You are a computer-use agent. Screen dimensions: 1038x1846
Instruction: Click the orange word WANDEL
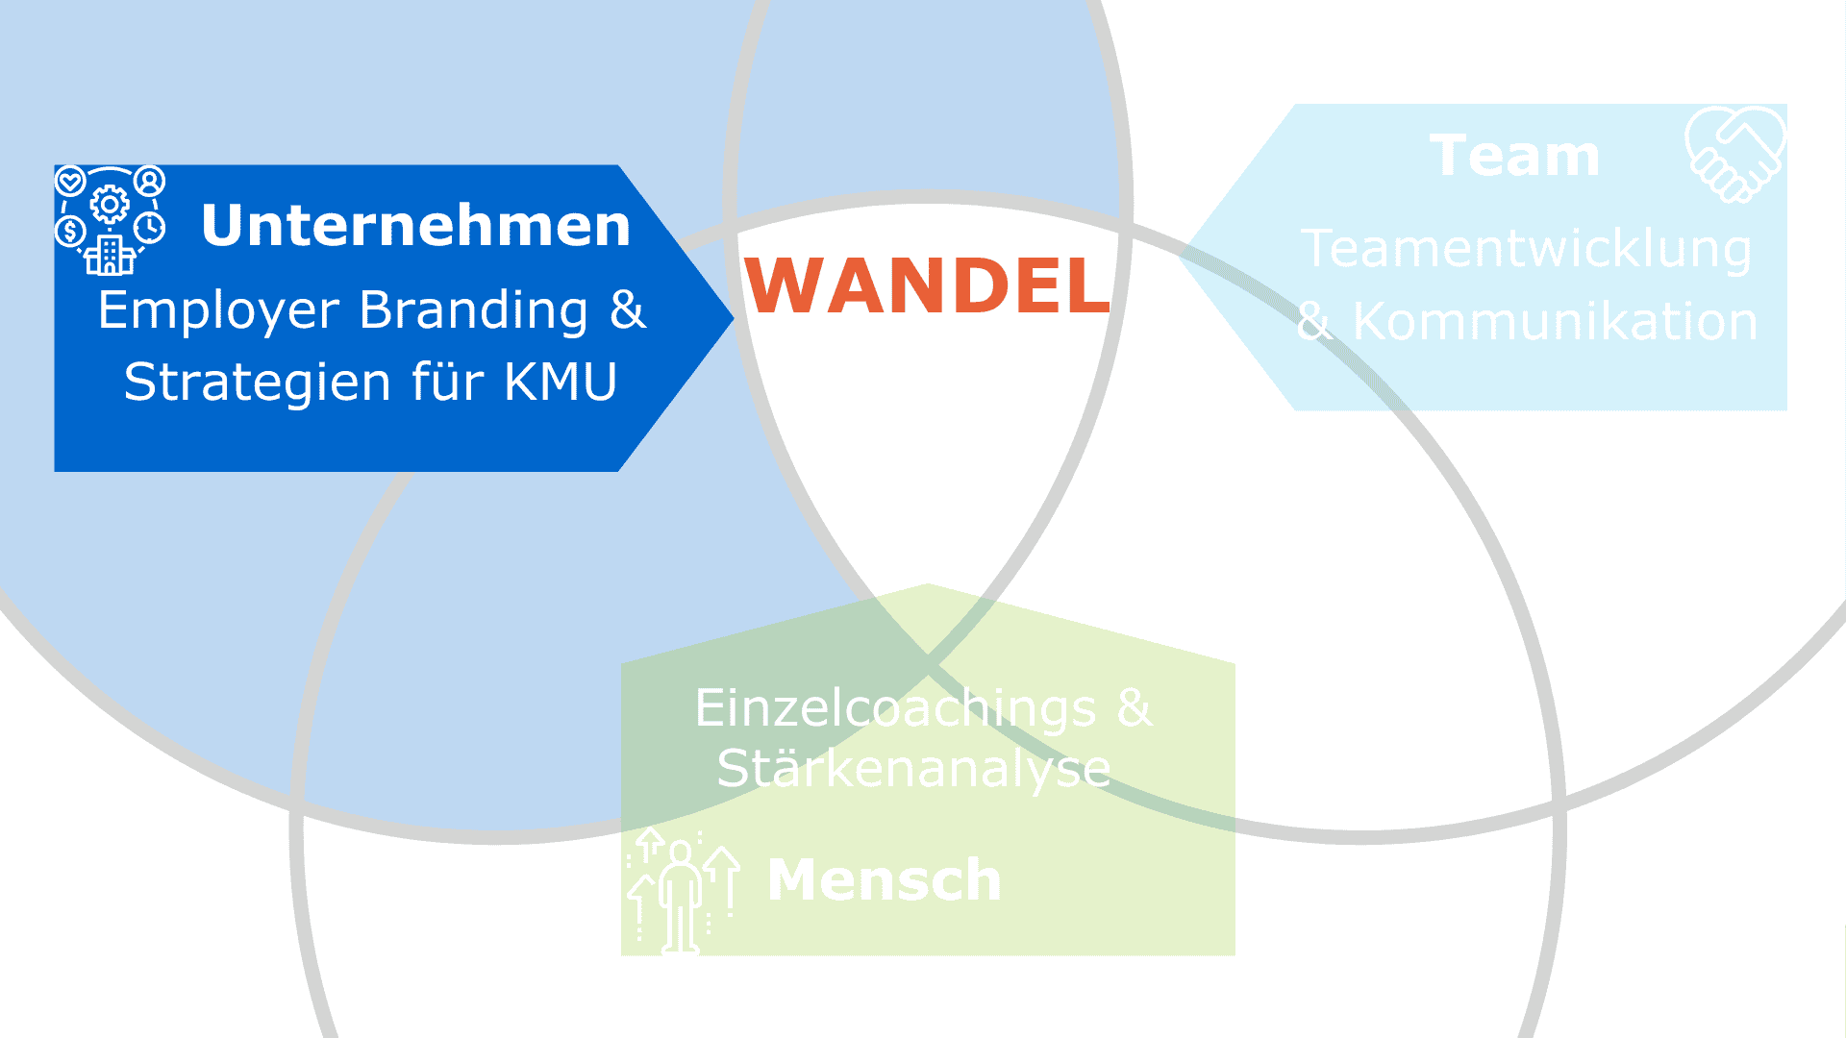[x=927, y=285]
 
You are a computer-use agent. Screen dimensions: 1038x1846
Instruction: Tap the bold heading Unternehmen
[x=415, y=225]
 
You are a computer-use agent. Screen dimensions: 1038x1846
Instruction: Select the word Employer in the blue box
[x=218, y=311]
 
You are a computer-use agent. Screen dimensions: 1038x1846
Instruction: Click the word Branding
[x=473, y=309]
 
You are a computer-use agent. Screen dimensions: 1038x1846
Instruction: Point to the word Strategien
[x=257, y=382]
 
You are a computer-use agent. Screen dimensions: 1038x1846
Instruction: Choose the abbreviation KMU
[x=560, y=382]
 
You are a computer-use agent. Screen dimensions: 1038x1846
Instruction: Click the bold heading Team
[x=1514, y=156]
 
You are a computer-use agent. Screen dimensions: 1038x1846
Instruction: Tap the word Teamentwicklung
[x=1526, y=249]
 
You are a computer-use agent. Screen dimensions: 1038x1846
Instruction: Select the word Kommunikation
[x=1555, y=321]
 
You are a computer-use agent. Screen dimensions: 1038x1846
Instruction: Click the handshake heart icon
[x=1735, y=154]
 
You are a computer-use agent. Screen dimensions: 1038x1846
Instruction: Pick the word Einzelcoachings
[x=895, y=708]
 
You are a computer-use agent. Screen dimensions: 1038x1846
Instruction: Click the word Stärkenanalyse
[x=913, y=769]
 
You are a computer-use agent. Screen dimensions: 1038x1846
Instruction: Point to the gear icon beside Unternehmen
[x=111, y=204]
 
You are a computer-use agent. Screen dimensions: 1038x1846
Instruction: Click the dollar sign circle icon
[x=70, y=231]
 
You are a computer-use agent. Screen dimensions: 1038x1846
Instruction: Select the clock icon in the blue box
[x=150, y=228]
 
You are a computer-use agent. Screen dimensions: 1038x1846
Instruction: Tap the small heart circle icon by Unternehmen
[x=70, y=180]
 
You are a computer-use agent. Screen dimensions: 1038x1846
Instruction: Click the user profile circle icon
[x=150, y=180]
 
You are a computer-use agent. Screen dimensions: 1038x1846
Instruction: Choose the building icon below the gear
[x=110, y=256]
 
